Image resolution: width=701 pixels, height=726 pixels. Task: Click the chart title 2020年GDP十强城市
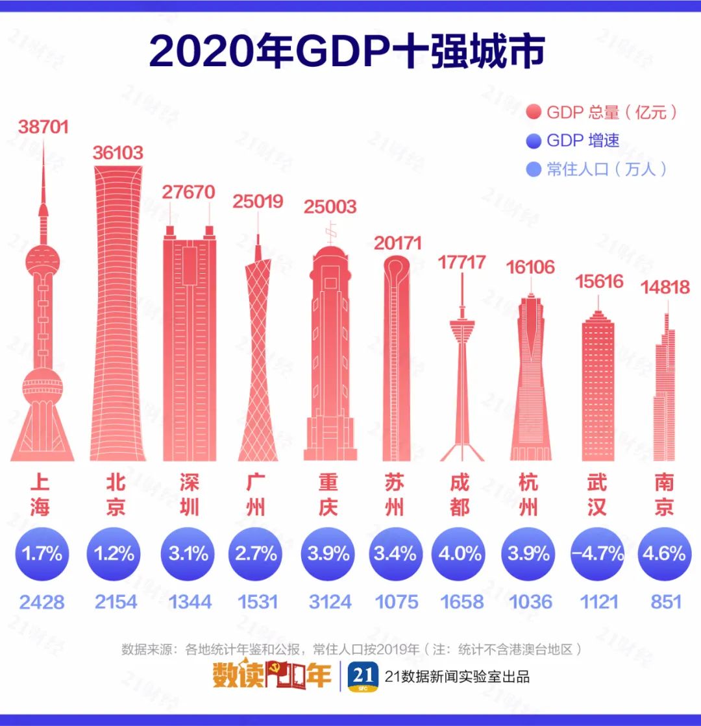pos(347,52)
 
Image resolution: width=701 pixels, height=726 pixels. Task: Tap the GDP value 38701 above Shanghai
pos(43,127)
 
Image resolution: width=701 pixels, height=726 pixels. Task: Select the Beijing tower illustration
pos(117,311)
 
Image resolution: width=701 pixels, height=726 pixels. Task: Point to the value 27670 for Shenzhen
pos(188,193)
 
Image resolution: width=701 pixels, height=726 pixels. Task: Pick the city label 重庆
pos(328,495)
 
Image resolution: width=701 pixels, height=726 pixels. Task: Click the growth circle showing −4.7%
pos(597,553)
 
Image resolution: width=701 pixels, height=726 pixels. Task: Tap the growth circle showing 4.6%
pos(664,553)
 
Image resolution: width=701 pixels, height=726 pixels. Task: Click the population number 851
pos(665,601)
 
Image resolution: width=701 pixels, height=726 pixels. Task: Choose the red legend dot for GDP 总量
pos(534,112)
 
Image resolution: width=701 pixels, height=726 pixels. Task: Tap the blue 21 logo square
pos(362,677)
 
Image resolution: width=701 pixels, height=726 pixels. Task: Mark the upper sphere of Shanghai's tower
pos(43,260)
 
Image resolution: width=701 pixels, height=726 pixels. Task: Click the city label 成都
pos(461,495)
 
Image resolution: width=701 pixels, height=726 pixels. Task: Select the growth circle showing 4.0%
pos(461,553)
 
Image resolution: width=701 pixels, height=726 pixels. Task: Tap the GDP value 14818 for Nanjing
pos(665,287)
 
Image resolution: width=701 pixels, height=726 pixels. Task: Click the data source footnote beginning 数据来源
pos(350,649)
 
